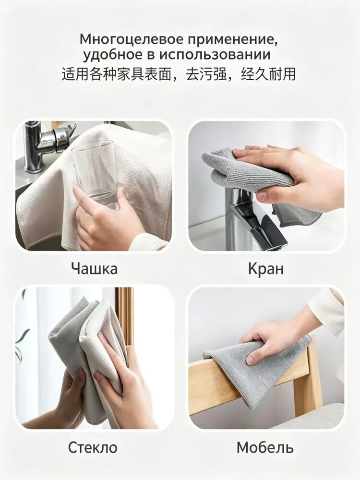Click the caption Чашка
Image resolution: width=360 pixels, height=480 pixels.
click(x=94, y=268)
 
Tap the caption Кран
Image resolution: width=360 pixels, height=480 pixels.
click(x=266, y=268)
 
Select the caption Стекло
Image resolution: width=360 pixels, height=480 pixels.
click(x=93, y=447)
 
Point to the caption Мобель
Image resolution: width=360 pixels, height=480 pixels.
click(x=265, y=447)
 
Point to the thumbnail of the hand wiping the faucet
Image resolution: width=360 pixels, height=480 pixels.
click(x=266, y=186)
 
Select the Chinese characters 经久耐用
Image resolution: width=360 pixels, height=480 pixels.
click(x=268, y=74)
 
